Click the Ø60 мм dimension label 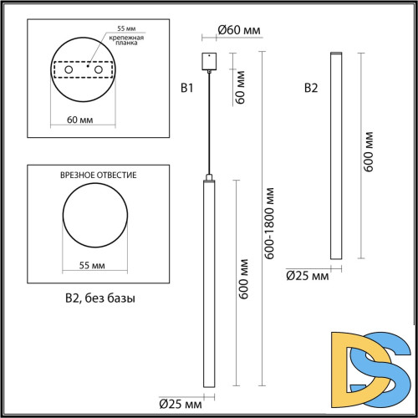coord(239,30)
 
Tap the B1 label coord(187,87)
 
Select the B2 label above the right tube coord(310,87)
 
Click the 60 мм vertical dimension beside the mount coord(242,86)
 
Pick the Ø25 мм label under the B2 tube coord(307,274)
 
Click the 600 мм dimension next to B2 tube coord(370,151)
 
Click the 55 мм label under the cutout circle coord(91,265)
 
